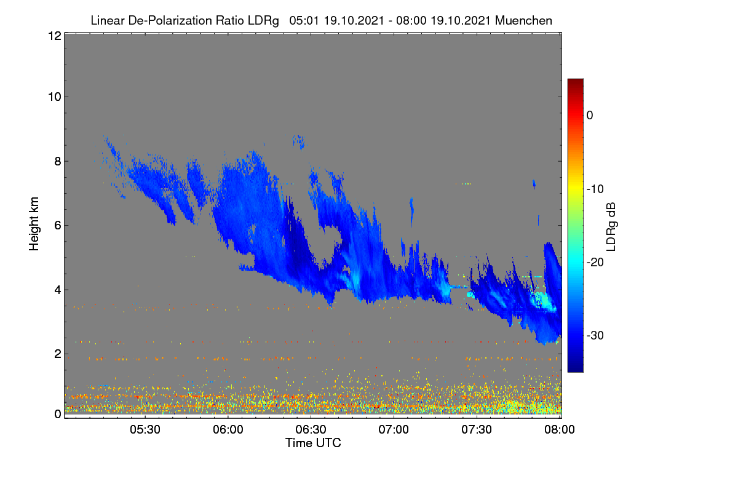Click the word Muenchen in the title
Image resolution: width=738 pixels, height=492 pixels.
523,20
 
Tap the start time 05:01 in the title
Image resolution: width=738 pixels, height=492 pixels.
304,20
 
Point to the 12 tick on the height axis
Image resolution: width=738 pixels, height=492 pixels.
55,36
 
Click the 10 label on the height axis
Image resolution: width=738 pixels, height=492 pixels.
55,97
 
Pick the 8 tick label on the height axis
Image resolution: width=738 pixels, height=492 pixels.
58,162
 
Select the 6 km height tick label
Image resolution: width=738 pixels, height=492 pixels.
58,226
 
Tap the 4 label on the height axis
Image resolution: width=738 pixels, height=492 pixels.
58,290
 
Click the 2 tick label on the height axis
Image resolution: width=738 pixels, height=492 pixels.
58,354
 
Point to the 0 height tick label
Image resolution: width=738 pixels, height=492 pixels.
58,415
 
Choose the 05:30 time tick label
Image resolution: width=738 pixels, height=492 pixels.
145,429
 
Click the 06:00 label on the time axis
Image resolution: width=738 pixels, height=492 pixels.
228,429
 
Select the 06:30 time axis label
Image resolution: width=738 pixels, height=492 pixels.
311,429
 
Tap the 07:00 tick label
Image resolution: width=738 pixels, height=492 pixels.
394,429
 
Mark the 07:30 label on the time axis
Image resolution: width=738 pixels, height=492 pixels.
477,429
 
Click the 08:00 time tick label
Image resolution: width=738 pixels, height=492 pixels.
560,429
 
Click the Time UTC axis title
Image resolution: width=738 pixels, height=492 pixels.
313,443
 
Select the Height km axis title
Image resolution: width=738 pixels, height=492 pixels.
34,224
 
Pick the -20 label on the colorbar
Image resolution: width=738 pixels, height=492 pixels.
595,263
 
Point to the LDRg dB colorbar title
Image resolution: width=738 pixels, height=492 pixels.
611,227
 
